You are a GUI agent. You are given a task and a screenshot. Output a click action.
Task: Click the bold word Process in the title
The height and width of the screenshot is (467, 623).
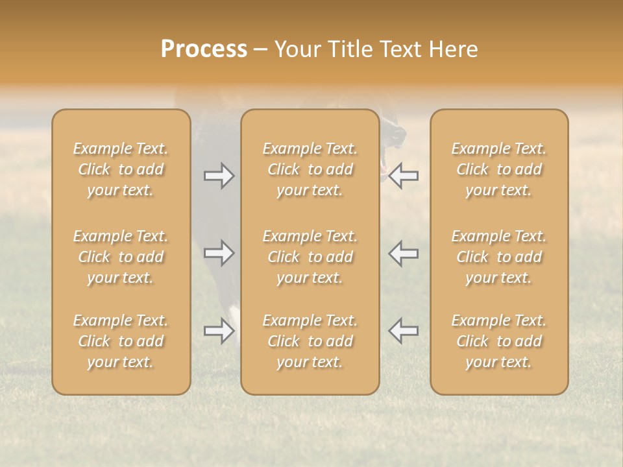(x=204, y=49)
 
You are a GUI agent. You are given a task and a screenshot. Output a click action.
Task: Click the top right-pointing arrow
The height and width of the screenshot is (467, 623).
(x=219, y=176)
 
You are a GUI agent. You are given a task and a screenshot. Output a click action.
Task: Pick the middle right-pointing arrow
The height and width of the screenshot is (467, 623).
(x=219, y=253)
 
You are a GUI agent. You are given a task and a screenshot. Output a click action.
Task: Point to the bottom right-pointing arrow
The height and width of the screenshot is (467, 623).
(x=219, y=331)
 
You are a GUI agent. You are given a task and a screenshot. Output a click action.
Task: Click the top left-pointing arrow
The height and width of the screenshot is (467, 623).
(x=404, y=176)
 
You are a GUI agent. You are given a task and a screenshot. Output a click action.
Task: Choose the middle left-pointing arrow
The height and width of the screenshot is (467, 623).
(x=404, y=253)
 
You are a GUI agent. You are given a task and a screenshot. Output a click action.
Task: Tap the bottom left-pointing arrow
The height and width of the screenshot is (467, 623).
(x=404, y=331)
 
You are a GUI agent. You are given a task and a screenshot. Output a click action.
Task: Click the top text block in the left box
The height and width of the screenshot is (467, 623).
(x=121, y=169)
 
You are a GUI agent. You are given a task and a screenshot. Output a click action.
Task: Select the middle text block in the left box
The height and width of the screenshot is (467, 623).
(x=121, y=257)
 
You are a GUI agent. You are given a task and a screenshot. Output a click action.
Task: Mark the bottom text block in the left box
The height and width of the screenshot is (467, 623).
(x=121, y=341)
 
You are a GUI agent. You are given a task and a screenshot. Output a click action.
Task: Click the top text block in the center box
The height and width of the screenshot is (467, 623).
(x=310, y=169)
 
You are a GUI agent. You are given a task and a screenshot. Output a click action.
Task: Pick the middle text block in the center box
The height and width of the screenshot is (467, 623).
(x=310, y=257)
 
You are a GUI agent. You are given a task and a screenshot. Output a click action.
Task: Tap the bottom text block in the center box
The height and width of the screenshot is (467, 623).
(x=310, y=341)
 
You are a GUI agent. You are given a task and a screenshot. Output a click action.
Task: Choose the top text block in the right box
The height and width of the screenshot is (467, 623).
(x=499, y=169)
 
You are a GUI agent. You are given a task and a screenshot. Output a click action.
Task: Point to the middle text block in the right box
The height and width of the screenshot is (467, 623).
(x=499, y=257)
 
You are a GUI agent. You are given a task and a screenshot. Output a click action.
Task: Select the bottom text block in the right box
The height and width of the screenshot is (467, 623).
(x=499, y=341)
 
